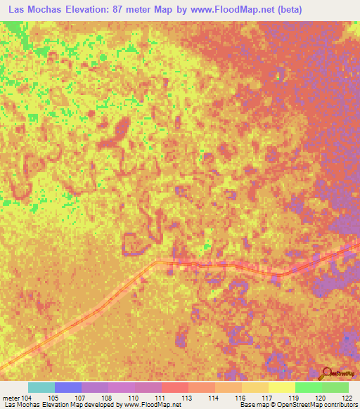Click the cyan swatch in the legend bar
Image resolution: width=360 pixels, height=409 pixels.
coord(41,387)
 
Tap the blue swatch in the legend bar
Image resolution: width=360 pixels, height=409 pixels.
coord(68,387)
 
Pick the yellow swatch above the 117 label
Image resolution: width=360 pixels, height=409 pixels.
coord(282,387)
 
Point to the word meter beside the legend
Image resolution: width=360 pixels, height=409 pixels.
coord(11,398)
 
